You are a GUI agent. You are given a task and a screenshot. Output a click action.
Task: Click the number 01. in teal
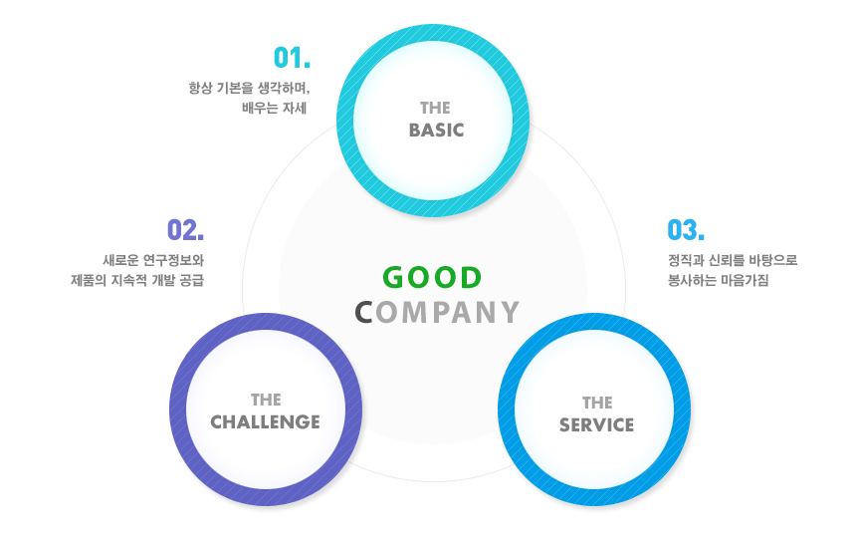point(292,58)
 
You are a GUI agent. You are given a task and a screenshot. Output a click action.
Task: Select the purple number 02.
point(185,229)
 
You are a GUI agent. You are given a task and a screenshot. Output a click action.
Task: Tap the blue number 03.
point(686,229)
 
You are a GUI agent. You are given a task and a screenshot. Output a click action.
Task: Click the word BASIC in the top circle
point(436,131)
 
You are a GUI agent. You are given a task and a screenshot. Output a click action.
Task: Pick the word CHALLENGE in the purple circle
point(266,422)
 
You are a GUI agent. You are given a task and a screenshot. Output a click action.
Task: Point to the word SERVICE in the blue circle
point(596,424)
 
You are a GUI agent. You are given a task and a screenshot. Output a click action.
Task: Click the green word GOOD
point(432,278)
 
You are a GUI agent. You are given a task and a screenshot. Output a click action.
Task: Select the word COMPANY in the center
point(437,312)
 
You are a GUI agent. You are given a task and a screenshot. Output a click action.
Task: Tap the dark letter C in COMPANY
point(363,312)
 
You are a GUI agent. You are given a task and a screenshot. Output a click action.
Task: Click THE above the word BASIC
point(435,108)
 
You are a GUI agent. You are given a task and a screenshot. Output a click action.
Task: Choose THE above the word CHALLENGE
point(266,400)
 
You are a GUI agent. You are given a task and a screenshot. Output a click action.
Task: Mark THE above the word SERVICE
point(597,403)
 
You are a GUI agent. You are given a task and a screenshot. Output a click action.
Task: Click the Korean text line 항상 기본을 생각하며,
point(250,88)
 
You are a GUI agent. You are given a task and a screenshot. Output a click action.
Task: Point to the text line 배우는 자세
point(275,108)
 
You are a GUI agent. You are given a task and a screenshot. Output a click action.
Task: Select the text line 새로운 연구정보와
point(153,260)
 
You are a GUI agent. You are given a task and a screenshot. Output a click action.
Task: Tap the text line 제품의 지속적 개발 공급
point(137,280)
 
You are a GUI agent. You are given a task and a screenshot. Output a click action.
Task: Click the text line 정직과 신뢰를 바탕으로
point(733,260)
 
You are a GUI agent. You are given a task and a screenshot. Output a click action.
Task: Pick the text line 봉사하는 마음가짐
point(719,280)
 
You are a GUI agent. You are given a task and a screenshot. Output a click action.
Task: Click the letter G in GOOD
point(393,278)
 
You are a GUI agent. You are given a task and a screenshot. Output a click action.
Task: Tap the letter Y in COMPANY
point(510,312)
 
